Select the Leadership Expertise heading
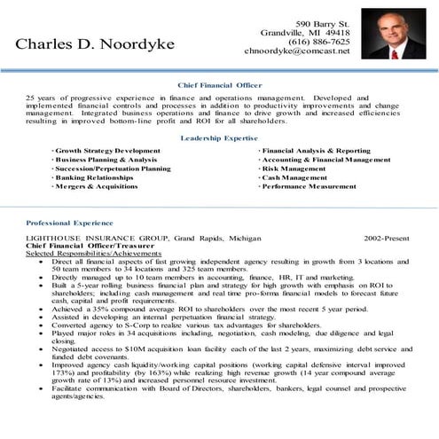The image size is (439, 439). click(x=219, y=139)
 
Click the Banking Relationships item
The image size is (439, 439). click(x=95, y=178)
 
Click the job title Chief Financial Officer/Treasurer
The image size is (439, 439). click(x=82, y=247)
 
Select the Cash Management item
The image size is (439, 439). click(x=294, y=178)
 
